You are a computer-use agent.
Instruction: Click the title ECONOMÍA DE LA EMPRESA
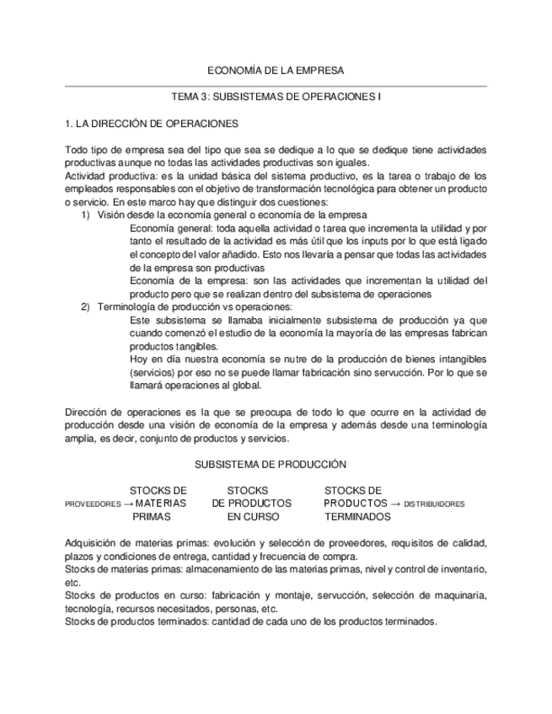point(276,71)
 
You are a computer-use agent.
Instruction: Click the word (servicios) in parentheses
point(157,373)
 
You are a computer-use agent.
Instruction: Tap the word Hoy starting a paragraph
point(140,360)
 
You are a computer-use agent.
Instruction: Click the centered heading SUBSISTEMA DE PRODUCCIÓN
point(271,464)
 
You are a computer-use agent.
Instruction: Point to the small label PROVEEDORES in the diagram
point(93,504)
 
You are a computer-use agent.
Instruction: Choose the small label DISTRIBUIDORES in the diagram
point(434,504)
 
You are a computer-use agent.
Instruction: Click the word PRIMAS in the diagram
point(151,516)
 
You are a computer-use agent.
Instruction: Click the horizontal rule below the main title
point(276,86)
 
